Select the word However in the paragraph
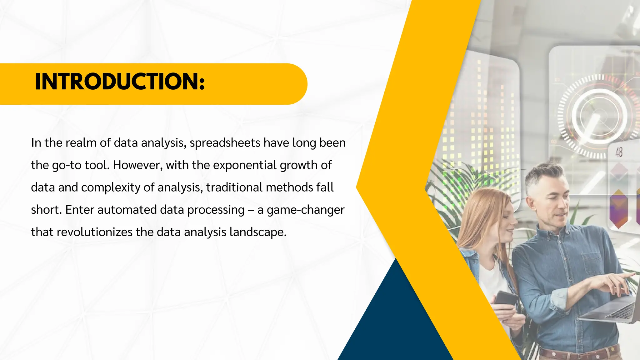(137, 165)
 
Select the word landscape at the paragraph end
(257, 232)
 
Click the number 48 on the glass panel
(619, 152)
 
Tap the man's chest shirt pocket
(592, 262)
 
